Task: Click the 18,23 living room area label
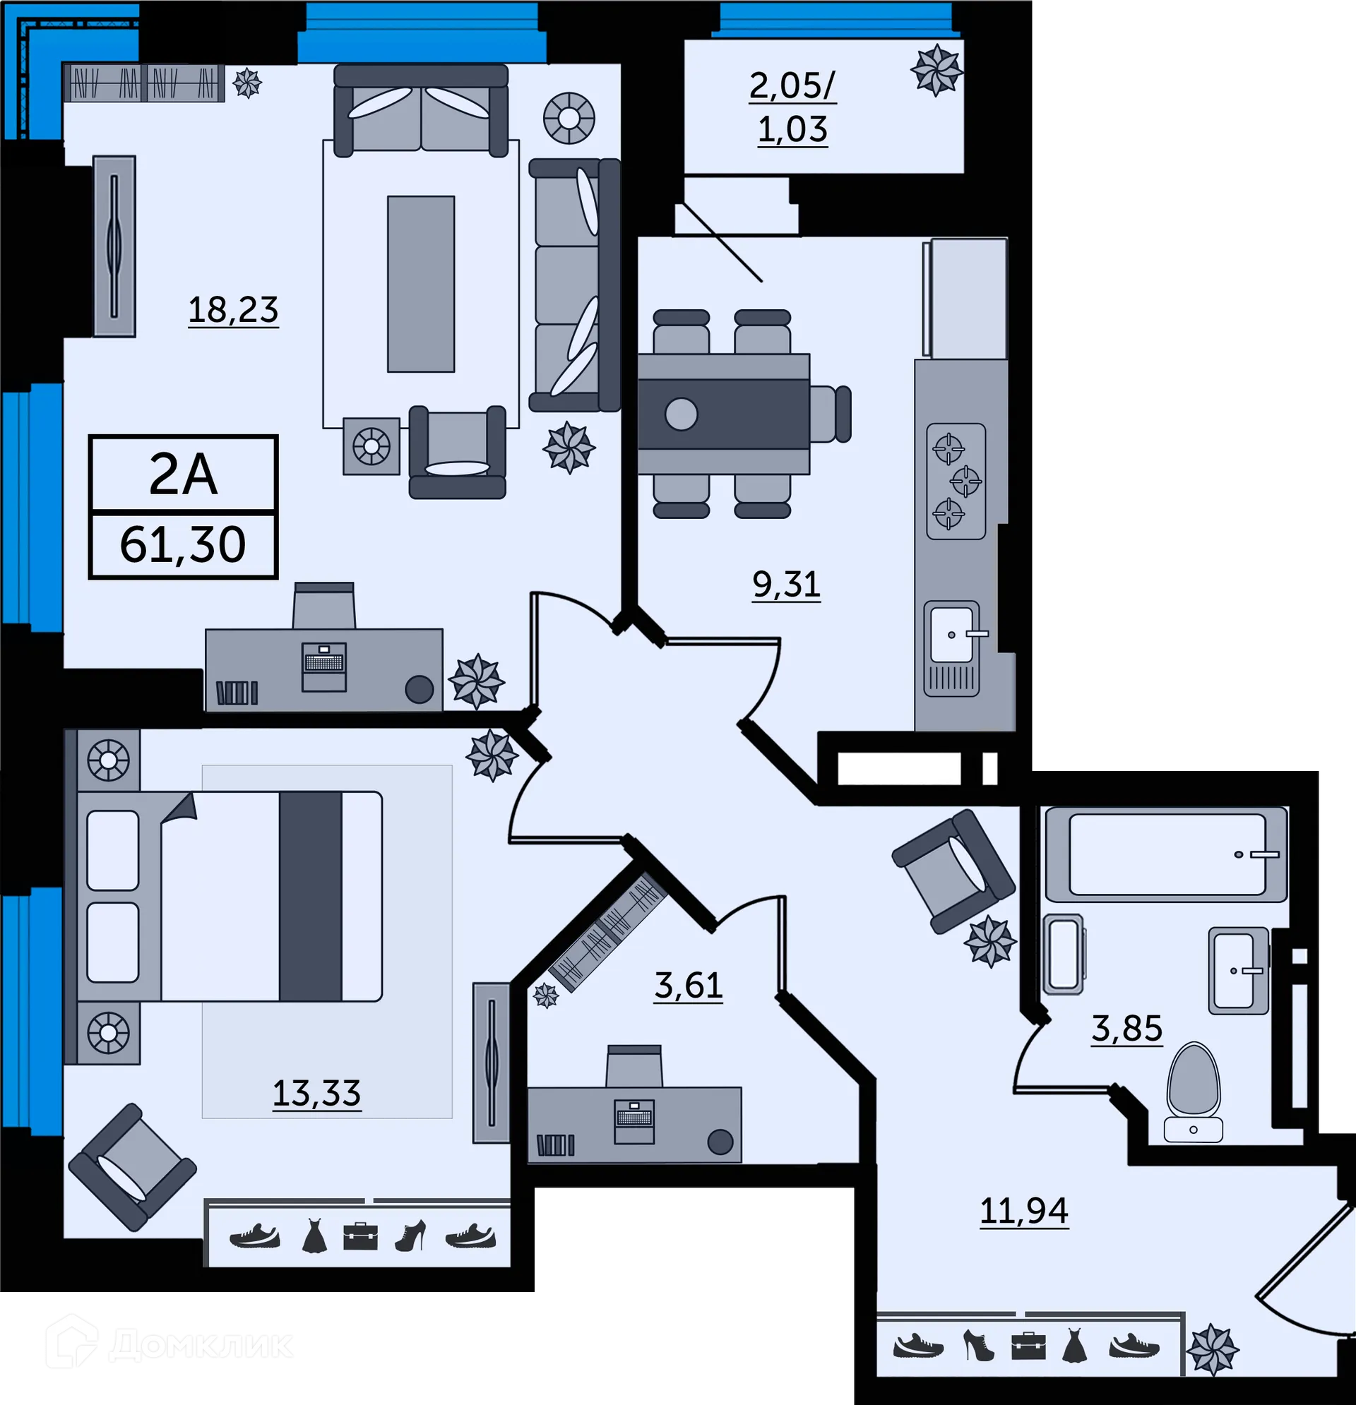[233, 310]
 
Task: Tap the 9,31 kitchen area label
[786, 584]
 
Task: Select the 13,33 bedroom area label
[316, 1093]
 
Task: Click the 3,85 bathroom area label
[1126, 1029]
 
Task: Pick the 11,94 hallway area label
[1024, 1211]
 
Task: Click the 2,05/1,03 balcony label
[792, 107]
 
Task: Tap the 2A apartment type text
[183, 474]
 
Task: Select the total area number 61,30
[183, 545]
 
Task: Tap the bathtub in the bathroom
[1166, 854]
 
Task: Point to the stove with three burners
[956, 482]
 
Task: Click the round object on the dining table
[681, 414]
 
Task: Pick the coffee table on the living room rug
[421, 284]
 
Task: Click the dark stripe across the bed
[310, 896]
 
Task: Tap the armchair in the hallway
[952, 871]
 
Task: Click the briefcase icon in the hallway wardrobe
[1028, 1346]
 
